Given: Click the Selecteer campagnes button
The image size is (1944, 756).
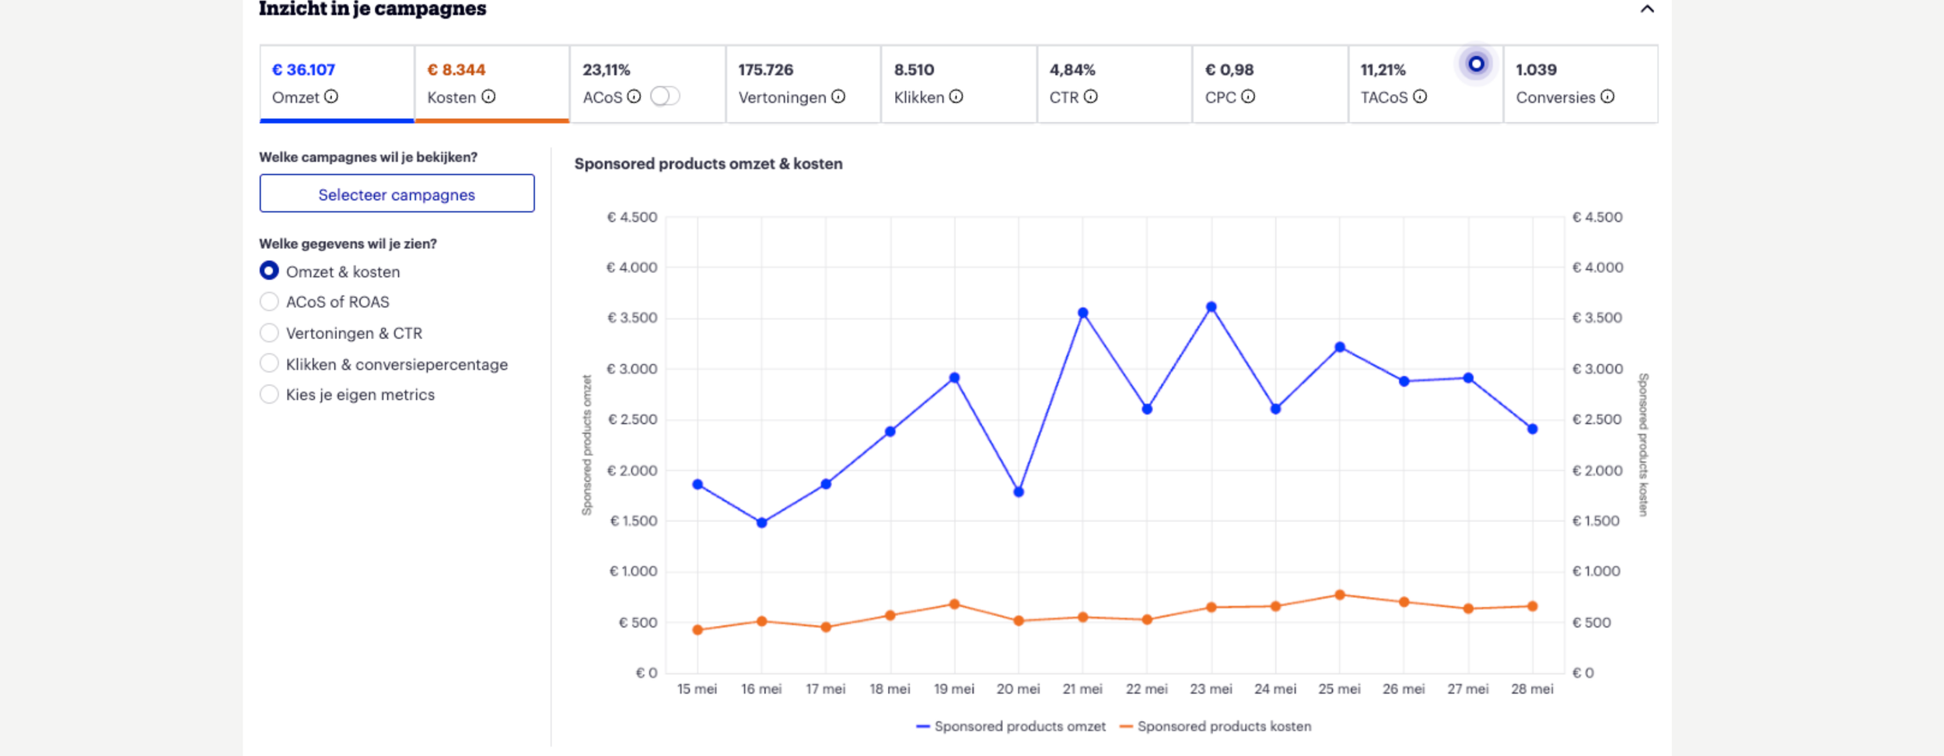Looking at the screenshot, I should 397,194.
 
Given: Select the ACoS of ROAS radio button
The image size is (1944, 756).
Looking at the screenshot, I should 269,302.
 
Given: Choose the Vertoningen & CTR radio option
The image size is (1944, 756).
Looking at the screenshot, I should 269,333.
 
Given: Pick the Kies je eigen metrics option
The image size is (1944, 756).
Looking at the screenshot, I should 269,394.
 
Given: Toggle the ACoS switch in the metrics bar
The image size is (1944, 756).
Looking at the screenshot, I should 665,96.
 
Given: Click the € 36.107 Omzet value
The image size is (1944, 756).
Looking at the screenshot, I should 303,69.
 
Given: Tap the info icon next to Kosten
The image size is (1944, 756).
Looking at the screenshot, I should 488,96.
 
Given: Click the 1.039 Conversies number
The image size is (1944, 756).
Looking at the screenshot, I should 1536,69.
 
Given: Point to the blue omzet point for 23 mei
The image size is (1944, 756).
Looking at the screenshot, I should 1212,307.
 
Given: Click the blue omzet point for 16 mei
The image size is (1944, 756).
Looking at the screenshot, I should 762,523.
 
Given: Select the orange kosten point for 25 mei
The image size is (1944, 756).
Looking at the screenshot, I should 1340,595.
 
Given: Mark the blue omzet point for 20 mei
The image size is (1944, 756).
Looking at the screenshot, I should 1019,492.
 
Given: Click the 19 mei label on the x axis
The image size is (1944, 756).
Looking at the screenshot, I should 954,689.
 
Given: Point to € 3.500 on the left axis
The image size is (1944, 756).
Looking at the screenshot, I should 631,317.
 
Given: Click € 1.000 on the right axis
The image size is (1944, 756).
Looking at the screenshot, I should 1596,571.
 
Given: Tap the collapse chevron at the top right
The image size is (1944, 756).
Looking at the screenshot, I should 1646,9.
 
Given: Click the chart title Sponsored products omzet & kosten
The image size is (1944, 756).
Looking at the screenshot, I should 708,163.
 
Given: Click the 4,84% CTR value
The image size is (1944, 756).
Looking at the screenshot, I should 1072,69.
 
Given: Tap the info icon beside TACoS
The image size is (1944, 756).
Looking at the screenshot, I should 1420,96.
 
